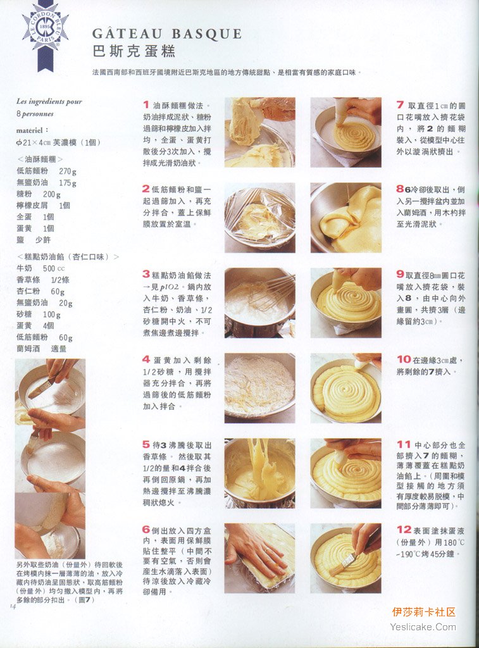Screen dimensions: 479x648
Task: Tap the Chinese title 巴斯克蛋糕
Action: tap(134, 51)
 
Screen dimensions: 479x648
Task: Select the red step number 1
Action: tap(146, 105)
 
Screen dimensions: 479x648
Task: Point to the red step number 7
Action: tap(400, 105)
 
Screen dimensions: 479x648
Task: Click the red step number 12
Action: tap(404, 530)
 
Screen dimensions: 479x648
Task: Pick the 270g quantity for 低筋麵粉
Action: tap(68, 171)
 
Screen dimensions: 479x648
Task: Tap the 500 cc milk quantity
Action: tap(54, 268)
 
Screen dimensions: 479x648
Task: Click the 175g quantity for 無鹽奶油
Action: tap(68, 183)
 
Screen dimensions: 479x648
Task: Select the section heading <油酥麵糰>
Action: tap(40, 159)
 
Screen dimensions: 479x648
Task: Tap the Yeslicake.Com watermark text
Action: tap(423, 627)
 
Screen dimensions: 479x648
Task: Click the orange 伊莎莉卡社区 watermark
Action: tap(423, 612)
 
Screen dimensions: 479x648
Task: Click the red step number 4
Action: tap(146, 359)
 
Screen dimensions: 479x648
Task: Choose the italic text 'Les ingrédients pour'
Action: tap(49, 101)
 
